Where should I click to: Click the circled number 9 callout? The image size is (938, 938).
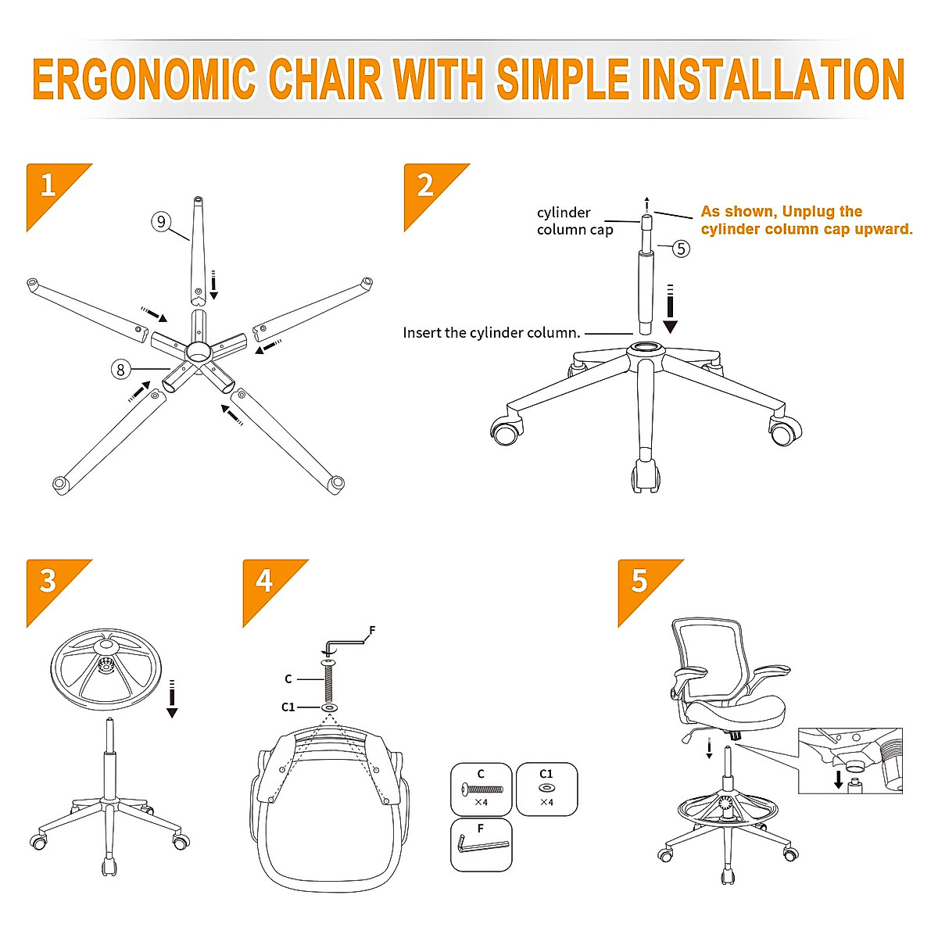161,221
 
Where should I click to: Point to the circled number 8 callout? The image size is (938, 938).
120,369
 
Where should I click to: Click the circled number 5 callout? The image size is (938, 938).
681,249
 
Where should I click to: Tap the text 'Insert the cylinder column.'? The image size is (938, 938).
492,333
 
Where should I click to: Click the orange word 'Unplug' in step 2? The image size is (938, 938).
811,212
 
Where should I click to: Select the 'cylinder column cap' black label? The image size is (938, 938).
574,221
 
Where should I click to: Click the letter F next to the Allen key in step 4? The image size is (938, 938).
372,630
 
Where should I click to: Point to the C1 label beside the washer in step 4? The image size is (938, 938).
288,707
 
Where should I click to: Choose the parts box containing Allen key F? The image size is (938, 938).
481,844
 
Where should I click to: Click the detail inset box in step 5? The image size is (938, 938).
850,761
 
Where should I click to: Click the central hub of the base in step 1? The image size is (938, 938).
198,352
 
